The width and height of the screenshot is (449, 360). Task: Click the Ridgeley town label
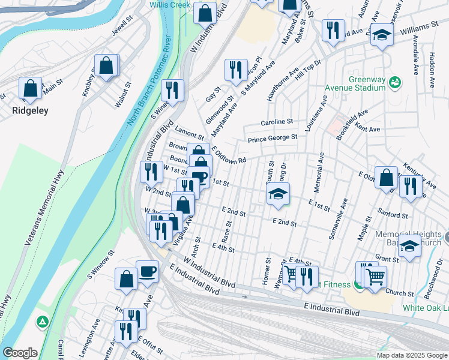click(30, 110)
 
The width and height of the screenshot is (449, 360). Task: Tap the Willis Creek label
click(170, 4)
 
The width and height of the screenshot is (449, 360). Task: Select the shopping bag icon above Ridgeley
click(30, 89)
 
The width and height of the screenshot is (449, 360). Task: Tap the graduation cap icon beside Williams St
click(381, 35)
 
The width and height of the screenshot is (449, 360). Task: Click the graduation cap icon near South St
click(278, 194)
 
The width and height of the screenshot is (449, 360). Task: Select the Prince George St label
click(273, 138)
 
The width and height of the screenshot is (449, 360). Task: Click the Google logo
click(20, 353)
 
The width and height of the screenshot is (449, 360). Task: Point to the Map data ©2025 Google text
click(411, 355)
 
